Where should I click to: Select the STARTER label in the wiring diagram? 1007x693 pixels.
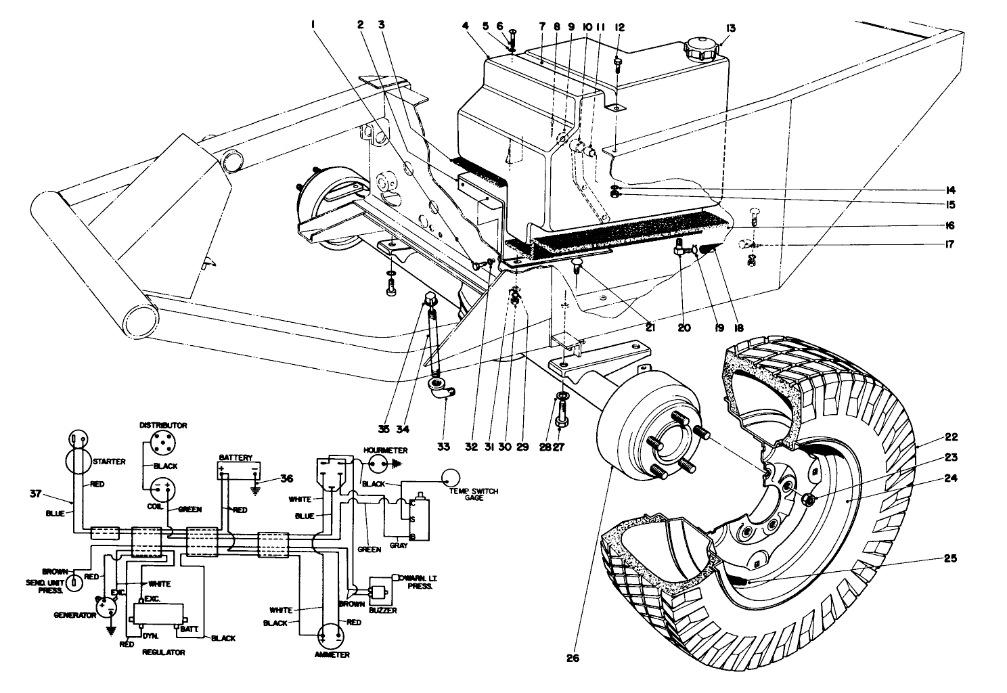(x=109, y=462)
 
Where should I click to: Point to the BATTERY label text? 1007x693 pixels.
(x=235, y=457)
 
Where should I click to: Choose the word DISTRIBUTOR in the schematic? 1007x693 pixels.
(x=162, y=426)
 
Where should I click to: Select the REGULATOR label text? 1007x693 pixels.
(x=163, y=652)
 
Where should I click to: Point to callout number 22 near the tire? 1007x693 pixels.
(x=952, y=437)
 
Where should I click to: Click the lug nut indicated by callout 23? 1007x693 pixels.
(x=807, y=500)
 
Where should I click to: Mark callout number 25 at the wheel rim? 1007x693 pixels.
(x=951, y=559)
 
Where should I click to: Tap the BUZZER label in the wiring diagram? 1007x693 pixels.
(x=382, y=610)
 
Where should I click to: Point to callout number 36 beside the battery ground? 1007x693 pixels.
(x=288, y=478)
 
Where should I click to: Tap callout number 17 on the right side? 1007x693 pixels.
(x=949, y=244)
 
